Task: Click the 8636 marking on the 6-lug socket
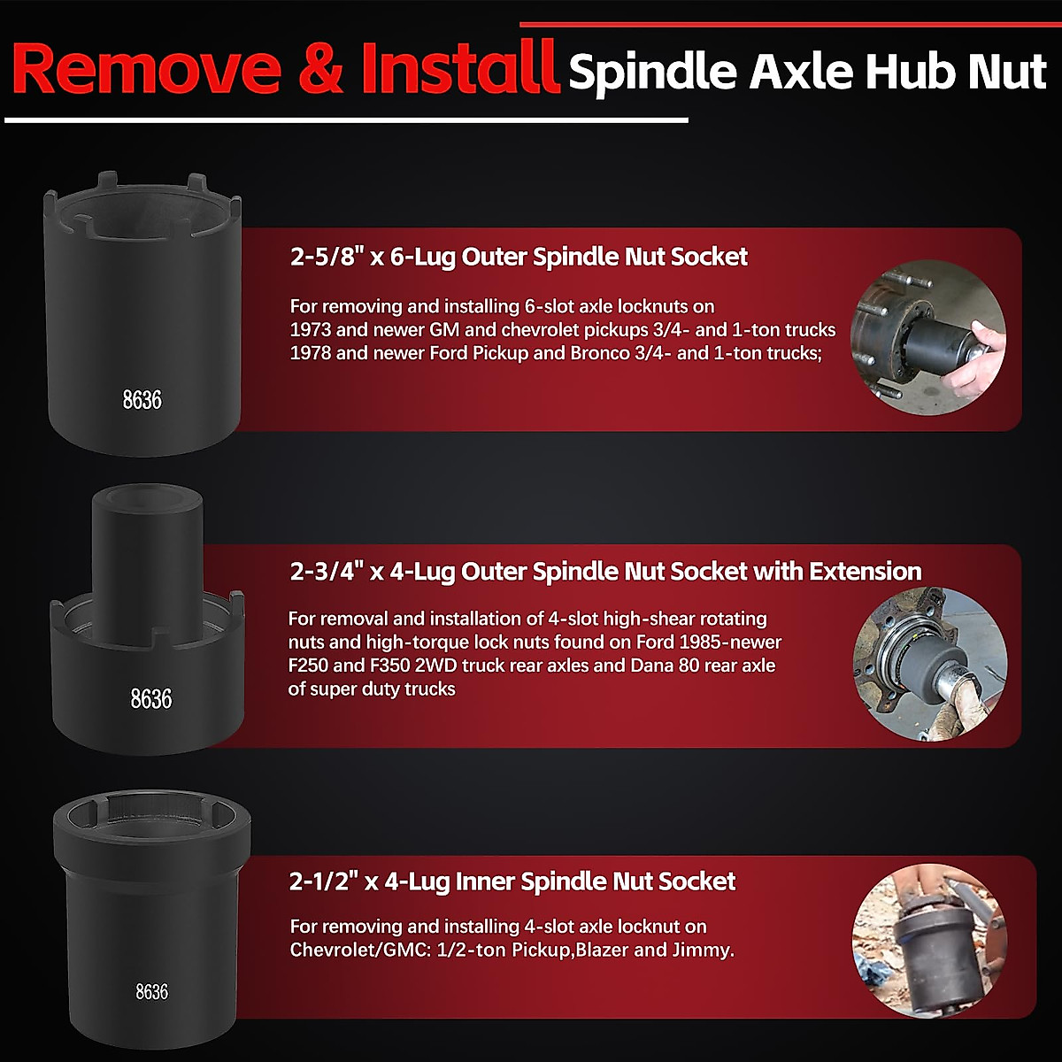(142, 400)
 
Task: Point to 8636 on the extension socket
(151, 699)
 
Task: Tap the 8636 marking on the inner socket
(152, 992)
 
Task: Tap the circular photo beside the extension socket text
(930, 664)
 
